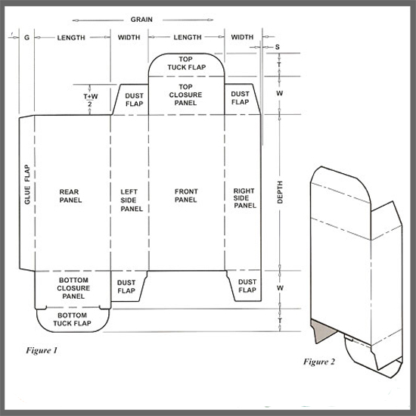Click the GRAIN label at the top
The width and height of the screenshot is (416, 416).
point(141,20)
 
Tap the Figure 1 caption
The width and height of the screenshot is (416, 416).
point(42,350)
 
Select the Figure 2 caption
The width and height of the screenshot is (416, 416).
point(319,362)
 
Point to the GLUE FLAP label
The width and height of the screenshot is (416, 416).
point(27,185)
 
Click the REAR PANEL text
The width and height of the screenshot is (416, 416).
point(70,196)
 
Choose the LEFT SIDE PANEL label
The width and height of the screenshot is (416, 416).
point(132,200)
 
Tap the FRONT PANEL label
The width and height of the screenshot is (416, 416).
point(186,196)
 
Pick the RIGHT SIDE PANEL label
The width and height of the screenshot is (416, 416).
point(244,198)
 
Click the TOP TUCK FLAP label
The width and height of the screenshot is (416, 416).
point(187,63)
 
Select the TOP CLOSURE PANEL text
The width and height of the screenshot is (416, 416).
point(185,95)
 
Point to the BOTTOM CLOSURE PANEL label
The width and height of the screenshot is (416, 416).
point(73,288)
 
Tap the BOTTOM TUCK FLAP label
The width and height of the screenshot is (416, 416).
point(72,319)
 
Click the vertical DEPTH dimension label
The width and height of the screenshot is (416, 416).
point(280,192)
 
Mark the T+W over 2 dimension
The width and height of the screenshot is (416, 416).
point(90,100)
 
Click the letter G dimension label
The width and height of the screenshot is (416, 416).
point(26,38)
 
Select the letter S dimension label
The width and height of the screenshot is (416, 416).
point(278,47)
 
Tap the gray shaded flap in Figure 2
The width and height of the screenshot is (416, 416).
point(323,330)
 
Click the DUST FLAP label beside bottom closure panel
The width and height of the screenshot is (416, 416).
point(126,287)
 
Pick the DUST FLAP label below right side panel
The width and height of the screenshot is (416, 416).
point(247,286)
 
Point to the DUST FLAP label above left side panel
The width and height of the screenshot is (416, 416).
point(134,100)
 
